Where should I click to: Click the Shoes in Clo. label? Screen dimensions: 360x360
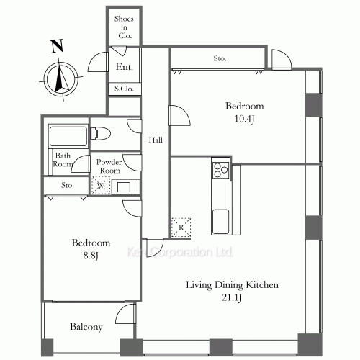124,27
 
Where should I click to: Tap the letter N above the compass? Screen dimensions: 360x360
57,46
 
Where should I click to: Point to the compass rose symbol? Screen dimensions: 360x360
60,78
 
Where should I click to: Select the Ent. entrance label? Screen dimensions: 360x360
124,67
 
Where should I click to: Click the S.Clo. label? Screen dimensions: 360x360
124,89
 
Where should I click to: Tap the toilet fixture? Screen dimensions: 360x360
101,133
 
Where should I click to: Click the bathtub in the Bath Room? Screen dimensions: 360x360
68,136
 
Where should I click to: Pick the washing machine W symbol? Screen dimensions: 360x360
101,186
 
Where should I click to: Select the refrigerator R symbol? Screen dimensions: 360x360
181,228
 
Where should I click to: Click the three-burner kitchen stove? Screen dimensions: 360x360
220,170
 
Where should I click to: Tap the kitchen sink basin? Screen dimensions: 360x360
221,222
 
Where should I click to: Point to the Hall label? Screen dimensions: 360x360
156,140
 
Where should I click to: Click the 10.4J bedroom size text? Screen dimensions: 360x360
244,119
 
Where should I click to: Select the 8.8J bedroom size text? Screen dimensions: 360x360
91,256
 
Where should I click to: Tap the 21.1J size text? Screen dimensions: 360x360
232,297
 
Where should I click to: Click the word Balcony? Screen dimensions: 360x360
86,327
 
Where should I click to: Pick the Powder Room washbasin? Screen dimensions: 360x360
124,186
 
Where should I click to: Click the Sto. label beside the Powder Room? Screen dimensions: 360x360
68,185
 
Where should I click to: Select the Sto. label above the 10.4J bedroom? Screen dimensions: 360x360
220,58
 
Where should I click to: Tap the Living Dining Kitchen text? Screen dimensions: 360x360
232,285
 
